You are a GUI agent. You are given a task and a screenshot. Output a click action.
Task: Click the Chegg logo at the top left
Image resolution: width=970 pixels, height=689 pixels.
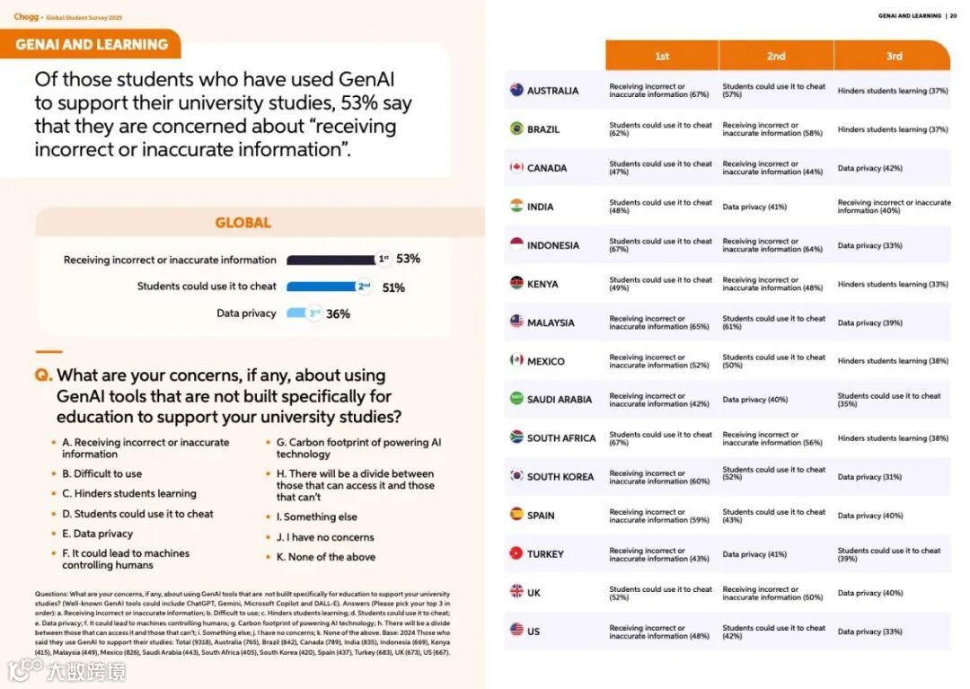(x=26, y=16)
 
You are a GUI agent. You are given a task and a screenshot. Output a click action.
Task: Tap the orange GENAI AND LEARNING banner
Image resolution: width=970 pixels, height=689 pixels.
(x=92, y=44)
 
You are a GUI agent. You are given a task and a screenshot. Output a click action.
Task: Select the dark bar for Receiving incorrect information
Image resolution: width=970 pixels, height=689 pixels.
(x=331, y=260)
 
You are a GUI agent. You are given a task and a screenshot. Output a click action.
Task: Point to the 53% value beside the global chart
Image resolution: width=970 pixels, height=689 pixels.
(x=409, y=259)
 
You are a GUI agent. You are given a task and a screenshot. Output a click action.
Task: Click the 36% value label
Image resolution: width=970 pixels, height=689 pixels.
(x=339, y=314)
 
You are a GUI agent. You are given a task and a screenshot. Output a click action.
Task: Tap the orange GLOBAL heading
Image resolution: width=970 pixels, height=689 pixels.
(x=242, y=223)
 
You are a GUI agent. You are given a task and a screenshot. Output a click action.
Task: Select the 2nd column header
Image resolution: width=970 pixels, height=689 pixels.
(x=776, y=56)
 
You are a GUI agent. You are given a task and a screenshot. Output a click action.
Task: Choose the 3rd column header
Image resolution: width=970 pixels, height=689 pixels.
(x=894, y=56)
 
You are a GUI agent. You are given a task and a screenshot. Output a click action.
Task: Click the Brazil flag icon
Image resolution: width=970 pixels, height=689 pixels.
(x=516, y=128)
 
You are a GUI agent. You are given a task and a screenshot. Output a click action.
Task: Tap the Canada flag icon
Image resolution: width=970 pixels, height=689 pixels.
(x=516, y=167)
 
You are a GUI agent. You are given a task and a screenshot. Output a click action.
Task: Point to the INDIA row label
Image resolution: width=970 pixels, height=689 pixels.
(x=541, y=207)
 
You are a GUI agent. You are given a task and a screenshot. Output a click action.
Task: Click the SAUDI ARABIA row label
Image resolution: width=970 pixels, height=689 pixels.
(x=560, y=400)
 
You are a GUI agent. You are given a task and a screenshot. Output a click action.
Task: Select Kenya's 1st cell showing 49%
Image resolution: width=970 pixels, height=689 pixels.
(x=660, y=284)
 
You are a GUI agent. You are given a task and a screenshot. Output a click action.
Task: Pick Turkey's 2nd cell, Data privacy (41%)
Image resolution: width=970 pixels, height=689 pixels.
(x=754, y=554)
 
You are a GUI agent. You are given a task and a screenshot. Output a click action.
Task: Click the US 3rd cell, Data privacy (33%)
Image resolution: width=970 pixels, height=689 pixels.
(x=869, y=632)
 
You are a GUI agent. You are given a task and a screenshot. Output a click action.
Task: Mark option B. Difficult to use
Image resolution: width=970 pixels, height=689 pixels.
(x=101, y=473)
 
